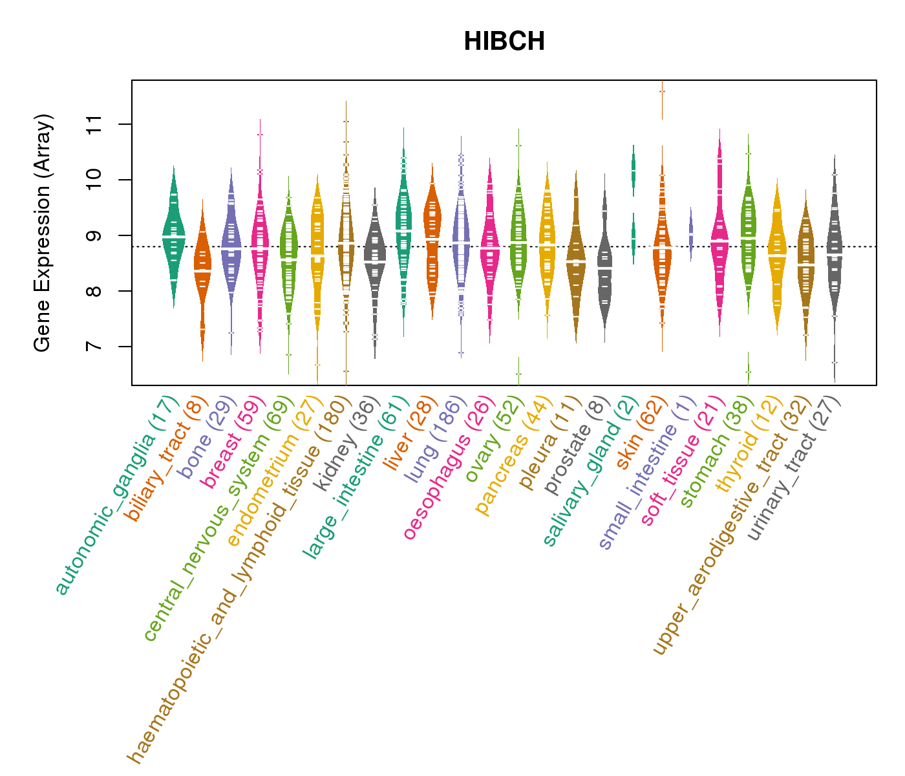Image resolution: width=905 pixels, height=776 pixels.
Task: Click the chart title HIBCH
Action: point(504,42)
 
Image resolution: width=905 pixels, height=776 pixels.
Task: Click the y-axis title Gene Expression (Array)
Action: point(43,233)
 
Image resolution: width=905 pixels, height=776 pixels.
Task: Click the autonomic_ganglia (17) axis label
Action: point(116,494)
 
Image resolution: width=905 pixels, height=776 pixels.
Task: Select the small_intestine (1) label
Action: point(647,473)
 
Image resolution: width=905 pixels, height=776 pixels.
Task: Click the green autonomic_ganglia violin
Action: point(173,239)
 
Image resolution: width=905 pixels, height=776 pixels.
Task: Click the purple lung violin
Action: point(461,239)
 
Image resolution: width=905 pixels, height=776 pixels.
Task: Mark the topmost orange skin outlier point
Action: point(662,91)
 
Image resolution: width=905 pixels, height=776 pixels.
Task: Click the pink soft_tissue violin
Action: point(719,239)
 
